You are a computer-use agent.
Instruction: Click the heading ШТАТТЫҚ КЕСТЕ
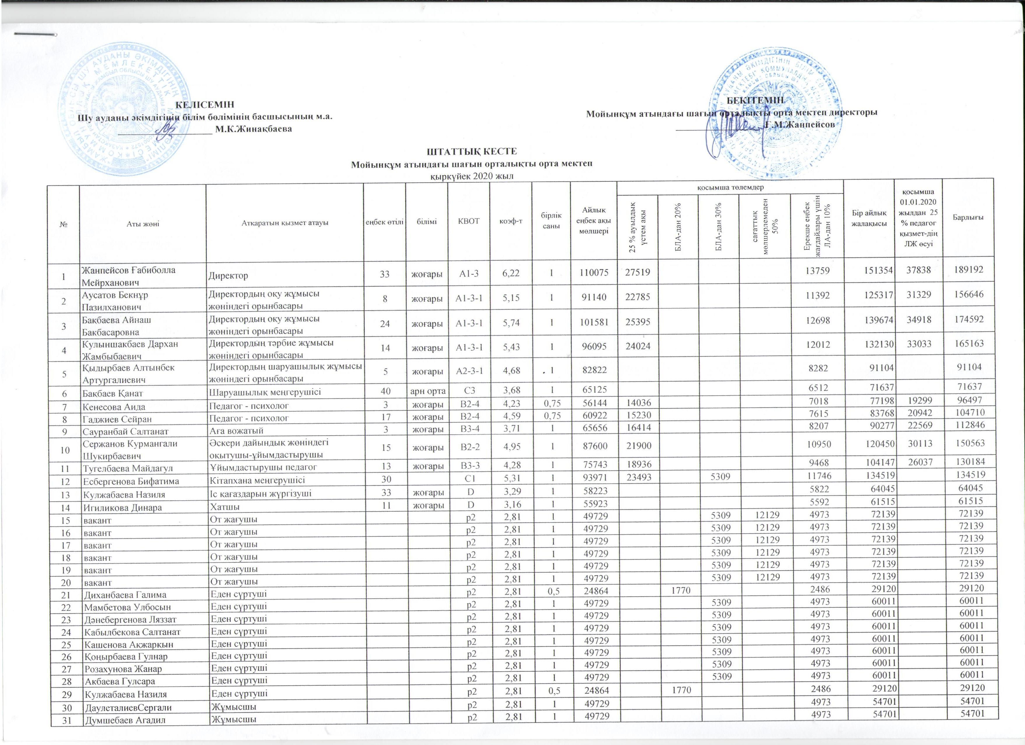click(x=472, y=151)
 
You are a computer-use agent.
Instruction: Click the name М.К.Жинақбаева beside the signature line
click(x=253, y=129)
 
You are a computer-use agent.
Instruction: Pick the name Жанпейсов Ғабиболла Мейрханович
click(x=128, y=276)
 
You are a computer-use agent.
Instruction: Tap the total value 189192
click(x=967, y=270)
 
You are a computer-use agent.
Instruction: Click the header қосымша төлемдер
click(x=730, y=187)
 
